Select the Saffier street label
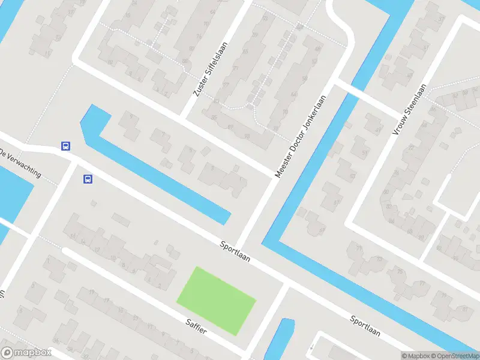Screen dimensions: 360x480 tap(196, 326)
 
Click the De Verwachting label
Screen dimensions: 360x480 tap(20, 163)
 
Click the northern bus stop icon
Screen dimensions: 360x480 tap(65, 146)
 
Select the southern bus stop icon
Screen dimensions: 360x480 tap(88, 178)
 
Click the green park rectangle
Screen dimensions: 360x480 tap(217, 299)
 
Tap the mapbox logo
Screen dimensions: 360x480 tap(26, 352)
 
